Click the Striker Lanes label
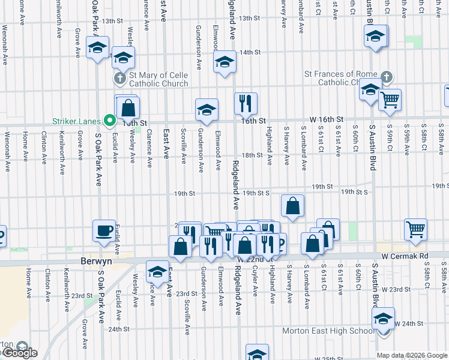click(x=77, y=121)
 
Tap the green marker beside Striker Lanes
click(x=109, y=121)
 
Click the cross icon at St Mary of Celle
click(x=119, y=79)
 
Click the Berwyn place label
click(x=97, y=262)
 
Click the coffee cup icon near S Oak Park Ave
click(x=104, y=230)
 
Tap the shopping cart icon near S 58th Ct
click(x=415, y=229)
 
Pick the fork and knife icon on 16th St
click(x=245, y=103)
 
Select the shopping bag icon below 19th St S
click(x=292, y=206)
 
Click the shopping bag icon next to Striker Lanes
click(x=128, y=108)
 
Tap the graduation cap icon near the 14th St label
click(x=225, y=61)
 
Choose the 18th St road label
click(x=252, y=155)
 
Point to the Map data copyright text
click(x=412, y=355)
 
